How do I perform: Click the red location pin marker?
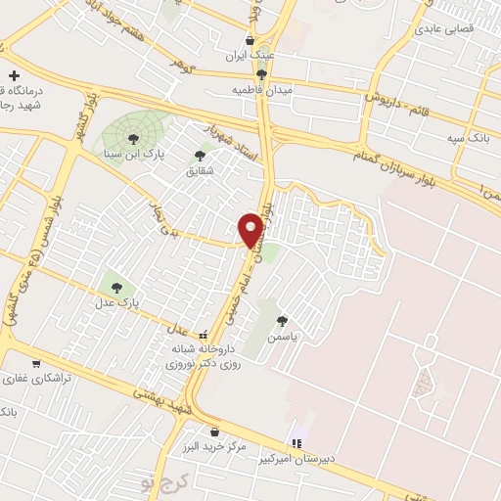(251, 230)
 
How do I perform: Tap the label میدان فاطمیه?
(261, 89)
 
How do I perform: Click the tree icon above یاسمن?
(283, 320)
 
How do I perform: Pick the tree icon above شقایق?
(201, 155)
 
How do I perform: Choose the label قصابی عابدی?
(445, 29)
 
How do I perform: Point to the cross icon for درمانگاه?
(14, 75)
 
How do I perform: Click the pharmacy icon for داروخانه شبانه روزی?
(204, 335)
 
